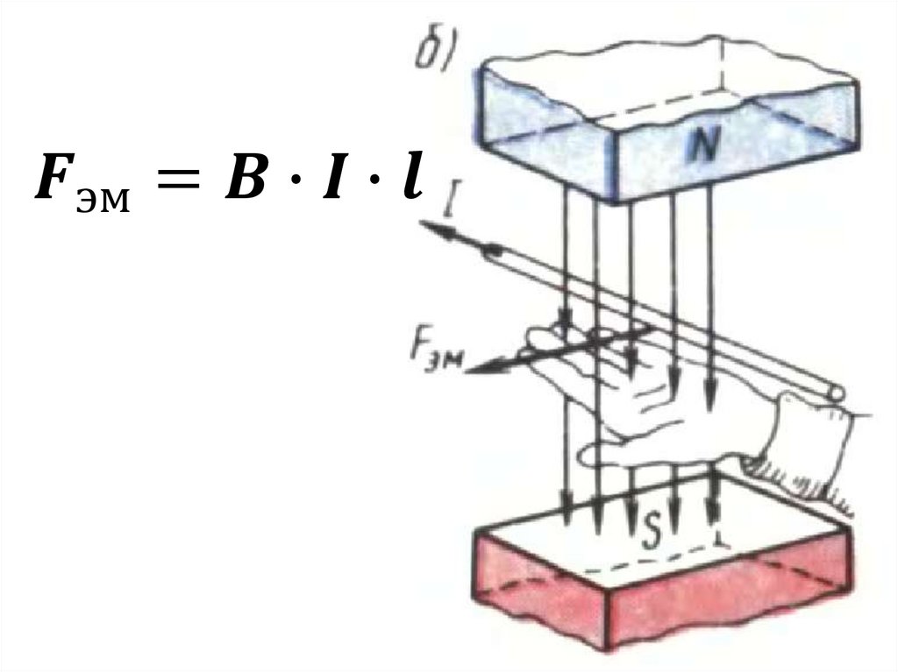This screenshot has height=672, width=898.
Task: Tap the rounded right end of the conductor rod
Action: click(x=834, y=393)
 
